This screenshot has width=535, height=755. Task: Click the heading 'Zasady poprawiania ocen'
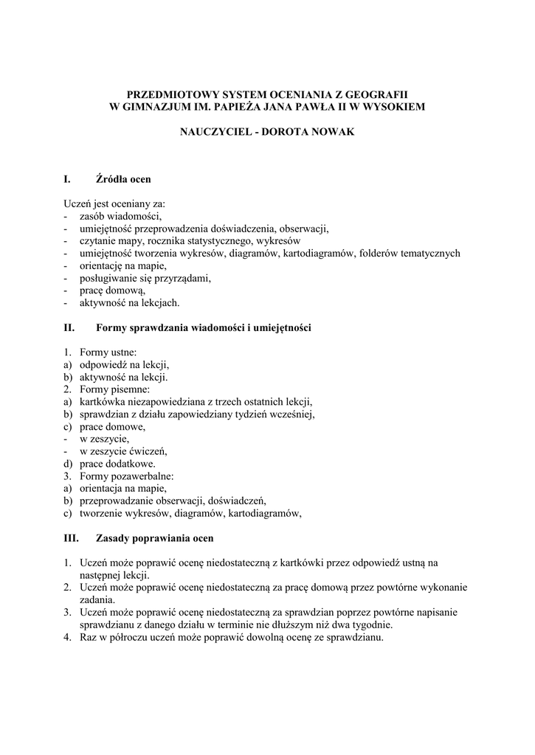coord(154,539)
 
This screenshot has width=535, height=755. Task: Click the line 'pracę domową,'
coord(112,290)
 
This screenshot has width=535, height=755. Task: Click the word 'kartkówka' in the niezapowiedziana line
coord(104,402)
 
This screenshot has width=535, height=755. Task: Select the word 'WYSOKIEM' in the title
coord(394,108)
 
